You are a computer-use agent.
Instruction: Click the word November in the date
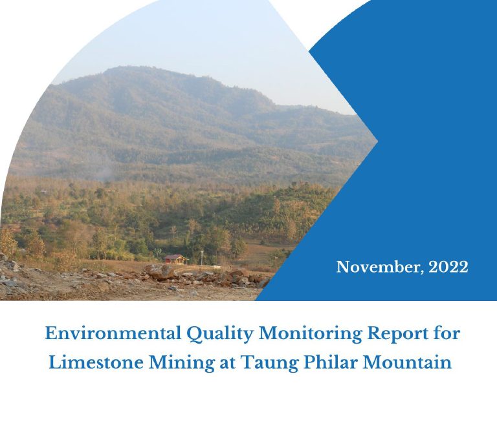pyautogui.click(x=380, y=267)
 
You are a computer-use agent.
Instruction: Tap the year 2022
pyautogui.click(x=448, y=267)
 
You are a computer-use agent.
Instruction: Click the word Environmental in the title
pyautogui.click(x=113, y=333)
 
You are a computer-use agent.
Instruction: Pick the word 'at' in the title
pyautogui.click(x=228, y=363)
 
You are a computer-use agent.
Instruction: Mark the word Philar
pyautogui.click(x=330, y=362)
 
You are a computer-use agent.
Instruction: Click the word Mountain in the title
pyautogui.click(x=407, y=362)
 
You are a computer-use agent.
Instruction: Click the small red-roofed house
pyautogui.click(x=176, y=260)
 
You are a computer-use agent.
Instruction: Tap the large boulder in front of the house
pyautogui.click(x=159, y=272)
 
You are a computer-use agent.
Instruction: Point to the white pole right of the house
pyautogui.click(x=202, y=258)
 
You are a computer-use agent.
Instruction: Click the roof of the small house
pyautogui.click(x=175, y=257)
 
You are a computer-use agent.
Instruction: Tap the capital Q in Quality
pyautogui.click(x=192, y=335)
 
